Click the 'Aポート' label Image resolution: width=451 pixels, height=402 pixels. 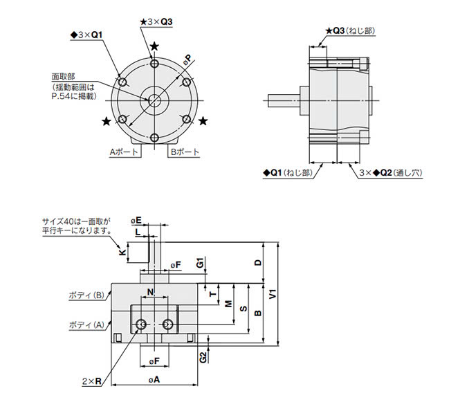pyautogui.click(x=125, y=151)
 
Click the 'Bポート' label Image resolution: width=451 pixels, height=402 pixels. pyautogui.click(x=184, y=151)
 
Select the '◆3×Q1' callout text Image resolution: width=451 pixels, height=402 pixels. pyautogui.click(x=87, y=34)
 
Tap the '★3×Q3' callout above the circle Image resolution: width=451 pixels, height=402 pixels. pyautogui.click(x=156, y=22)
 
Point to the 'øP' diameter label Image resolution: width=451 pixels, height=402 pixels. pyautogui.click(x=187, y=60)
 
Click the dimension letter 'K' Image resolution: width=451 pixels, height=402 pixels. pyautogui.click(x=122, y=253)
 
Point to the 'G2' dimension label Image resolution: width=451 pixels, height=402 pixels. pyautogui.click(x=202, y=358)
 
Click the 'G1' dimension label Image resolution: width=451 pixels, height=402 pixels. pyautogui.click(x=199, y=263)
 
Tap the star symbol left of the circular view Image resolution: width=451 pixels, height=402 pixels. pyautogui.click(x=106, y=122)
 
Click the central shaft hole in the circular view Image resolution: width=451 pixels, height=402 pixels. pyautogui.click(x=153, y=99)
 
